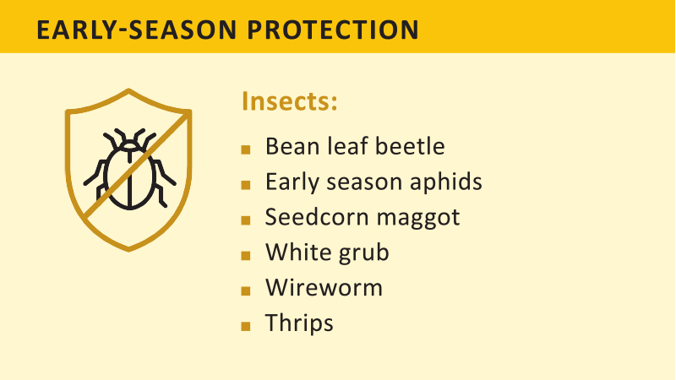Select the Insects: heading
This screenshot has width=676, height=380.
click(290, 101)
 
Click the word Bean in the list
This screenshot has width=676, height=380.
click(289, 146)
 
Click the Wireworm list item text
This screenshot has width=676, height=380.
click(324, 287)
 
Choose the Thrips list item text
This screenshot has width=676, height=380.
click(299, 323)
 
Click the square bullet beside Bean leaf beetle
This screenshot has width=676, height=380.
click(246, 149)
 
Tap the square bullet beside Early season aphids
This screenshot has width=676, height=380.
click(246, 184)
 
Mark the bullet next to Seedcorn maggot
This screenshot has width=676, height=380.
click(246, 220)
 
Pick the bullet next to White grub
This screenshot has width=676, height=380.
click(246, 254)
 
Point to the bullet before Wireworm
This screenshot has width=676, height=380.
click(246, 290)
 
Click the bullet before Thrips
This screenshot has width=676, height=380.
click(246, 325)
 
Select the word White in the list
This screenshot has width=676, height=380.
click(292, 252)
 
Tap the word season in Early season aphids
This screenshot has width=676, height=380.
click(356, 182)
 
